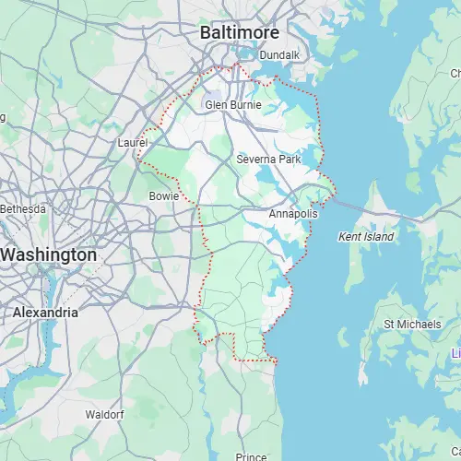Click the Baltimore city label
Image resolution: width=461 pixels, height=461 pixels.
pyautogui.click(x=239, y=33)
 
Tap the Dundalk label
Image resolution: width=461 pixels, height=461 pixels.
pyautogui.click(x=279, y=55)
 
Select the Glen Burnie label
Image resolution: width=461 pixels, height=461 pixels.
pyautogui.click(x=232, y=105)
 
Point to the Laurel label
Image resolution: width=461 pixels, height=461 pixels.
pyautogui.click(x=133, y=143)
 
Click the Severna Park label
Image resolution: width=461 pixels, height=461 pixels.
pyautogui.click(x=268, y=160)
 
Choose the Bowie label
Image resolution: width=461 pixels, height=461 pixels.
pyautogui.click(x=163, y=196)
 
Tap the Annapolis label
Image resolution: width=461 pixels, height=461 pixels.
pyautogui.click(x=293, y=214)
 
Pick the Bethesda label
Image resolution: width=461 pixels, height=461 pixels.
pyautogui.click(x=22, y=209)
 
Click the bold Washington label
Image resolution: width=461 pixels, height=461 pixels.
pyautogui.click(x=48, y=254)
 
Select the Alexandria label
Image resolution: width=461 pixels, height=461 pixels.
pyautogui.click(x=45, y=313)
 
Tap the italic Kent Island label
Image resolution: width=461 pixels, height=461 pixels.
pyautogui.click(x=366, y=237)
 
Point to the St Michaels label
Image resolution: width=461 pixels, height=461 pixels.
pyautogui.click(x=407, y=324)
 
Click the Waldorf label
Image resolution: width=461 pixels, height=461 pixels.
pyautogui.click(x=104, y=415)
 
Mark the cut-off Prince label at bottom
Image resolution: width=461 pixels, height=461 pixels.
pyautogui.click(x=251, y=455)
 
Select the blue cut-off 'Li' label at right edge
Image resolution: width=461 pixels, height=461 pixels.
pyautogui.click(x=455, y=354)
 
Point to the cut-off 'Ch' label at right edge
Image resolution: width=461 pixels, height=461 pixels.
pyautogui.click(x=455, y=73)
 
